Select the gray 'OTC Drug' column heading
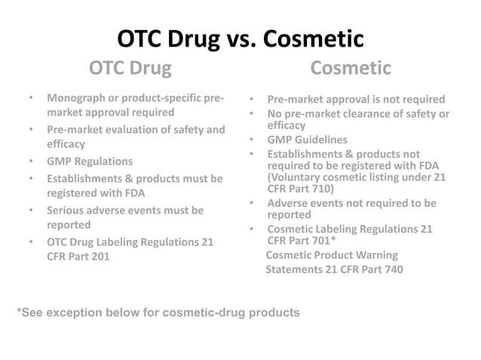(x=130, y=69)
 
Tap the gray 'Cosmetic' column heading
(x=351, y=69)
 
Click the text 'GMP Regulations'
(x=90, y=161)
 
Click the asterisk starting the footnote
(x=20, y=311)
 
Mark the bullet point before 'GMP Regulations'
(x=31, y=161)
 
